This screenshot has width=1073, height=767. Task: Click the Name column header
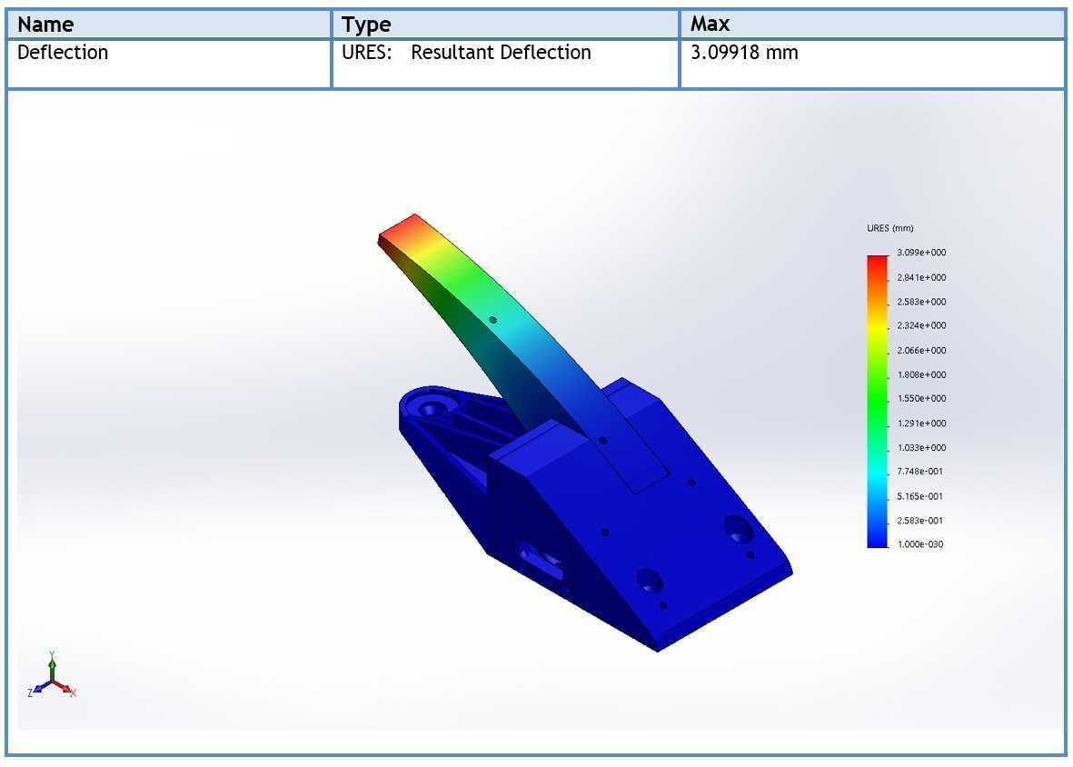pyautogui.click(x=45, y=25)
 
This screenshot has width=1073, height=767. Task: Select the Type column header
pyautogui.click(x=366, y=25)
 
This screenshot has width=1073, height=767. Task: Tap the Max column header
pyautogui.click(x=710, y=24)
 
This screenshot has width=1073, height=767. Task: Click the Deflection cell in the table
pyautogui.click(x=63, y=53)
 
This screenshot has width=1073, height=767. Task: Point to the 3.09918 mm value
pyautogui.click(x=744, y=53)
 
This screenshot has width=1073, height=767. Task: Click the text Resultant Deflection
pyautogui.click(x=501, y=53)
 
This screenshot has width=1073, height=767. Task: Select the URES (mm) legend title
pyautogui.click(x=889, y=228)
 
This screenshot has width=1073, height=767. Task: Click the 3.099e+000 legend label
pyautogui.click(x=921, y=253)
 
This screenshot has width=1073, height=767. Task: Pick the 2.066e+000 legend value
pyautogui.click(x=921, y=350)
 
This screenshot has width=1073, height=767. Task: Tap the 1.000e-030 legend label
pyautogui.click(x=919, y=544)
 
